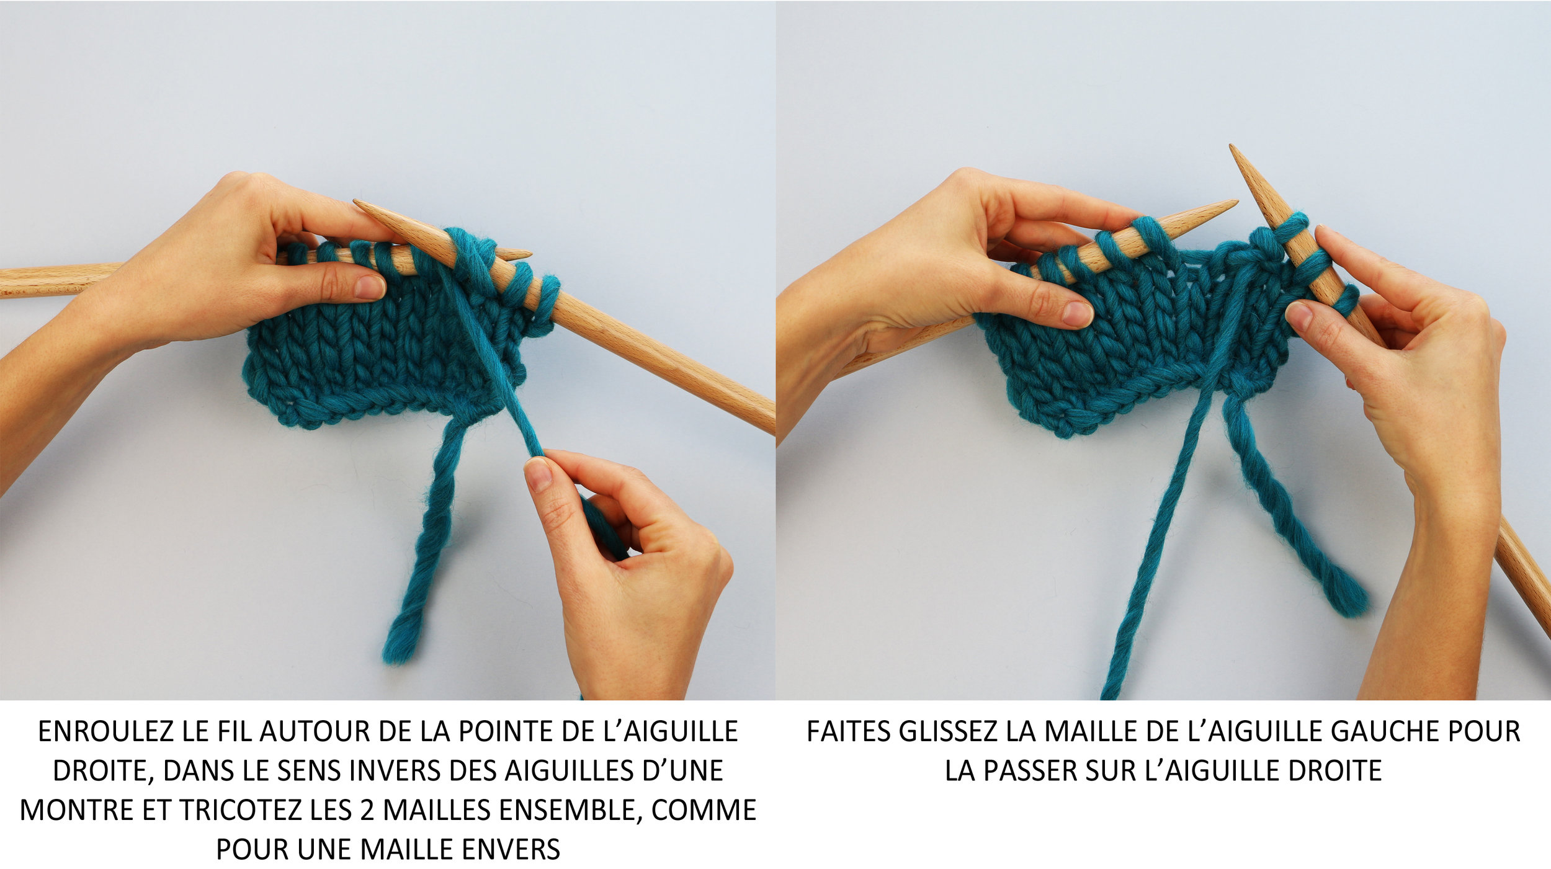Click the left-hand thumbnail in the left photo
pyautogui.click(x=370, y=287)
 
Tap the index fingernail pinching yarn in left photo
pyautogui.click(x=537, y=475)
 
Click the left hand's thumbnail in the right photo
pyautogui.click(x=1078, y=313)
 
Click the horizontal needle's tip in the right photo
pyautogui.click(x=1235, y=202)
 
